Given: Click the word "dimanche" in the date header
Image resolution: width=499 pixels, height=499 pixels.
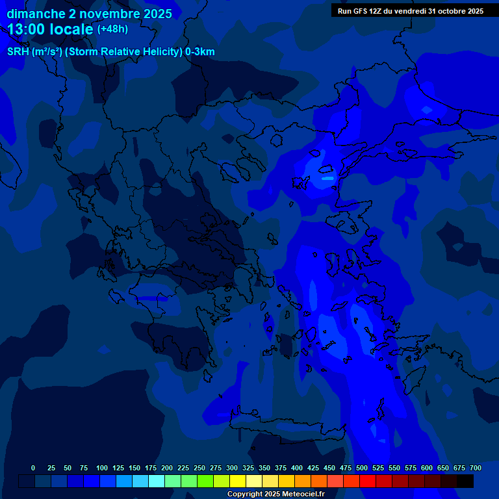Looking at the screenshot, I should pos(36,14).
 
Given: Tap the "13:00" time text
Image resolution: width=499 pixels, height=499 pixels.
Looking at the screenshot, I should pos(26,29).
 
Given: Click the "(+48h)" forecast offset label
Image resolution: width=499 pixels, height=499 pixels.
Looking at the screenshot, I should pos(112,29).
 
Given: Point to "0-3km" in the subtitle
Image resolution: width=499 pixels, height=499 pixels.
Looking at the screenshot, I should pos(200,52).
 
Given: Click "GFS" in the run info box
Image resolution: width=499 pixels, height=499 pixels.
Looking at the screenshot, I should pos(364,11).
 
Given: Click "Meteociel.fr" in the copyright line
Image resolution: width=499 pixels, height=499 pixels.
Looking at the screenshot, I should pos(303,494).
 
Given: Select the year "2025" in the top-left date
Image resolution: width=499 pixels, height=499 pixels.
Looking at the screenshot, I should pos(157,14).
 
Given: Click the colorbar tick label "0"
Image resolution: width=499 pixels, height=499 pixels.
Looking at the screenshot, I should pos(33,468).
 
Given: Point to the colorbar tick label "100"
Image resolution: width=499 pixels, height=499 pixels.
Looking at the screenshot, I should pos(102,468).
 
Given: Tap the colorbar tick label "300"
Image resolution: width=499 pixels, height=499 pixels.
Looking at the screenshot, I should pos(232,468).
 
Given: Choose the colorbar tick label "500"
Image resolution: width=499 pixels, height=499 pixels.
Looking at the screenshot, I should pos(362,468).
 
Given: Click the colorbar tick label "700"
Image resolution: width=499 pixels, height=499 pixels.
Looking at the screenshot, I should pos(476,468).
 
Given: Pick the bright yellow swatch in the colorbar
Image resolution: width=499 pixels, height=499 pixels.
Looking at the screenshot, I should pos(238,481).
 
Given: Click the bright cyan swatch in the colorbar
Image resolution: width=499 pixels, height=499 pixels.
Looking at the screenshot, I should pos(157,481).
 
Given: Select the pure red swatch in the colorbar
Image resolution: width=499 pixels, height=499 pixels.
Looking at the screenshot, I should pos(368,481).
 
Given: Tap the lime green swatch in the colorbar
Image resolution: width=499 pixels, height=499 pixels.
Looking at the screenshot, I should pos(205,481).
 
